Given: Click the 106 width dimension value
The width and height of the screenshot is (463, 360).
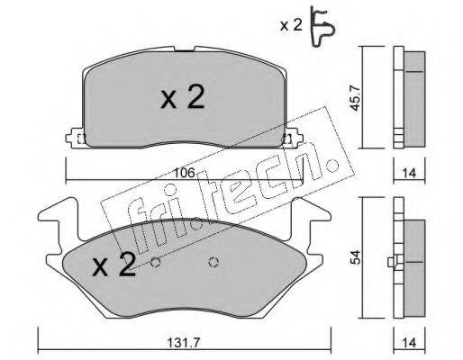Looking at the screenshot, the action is [185, 173].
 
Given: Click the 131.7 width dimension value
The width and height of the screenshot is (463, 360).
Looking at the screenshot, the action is [183, 342].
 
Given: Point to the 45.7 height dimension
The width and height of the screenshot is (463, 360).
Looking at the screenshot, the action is [356, 98].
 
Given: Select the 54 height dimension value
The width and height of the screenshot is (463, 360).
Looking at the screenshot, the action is [356, 257].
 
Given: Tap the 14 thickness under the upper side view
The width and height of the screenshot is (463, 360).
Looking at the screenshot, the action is [409, 174].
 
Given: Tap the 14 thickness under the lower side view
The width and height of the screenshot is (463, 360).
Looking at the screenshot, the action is [409, 343].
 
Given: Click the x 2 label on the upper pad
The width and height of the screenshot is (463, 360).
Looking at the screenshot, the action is [183, 96].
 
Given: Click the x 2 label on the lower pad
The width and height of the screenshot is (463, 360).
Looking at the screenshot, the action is [113, 265].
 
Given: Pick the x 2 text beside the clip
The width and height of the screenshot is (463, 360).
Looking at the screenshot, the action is [291, 25].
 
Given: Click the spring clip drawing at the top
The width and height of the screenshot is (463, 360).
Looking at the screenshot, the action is [322, 27].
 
